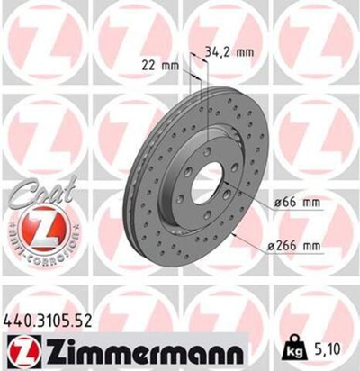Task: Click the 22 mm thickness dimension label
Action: click(x=159, y=64)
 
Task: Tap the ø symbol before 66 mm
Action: click(x=276, y=205)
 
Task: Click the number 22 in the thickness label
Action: click(x=149, y=64)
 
